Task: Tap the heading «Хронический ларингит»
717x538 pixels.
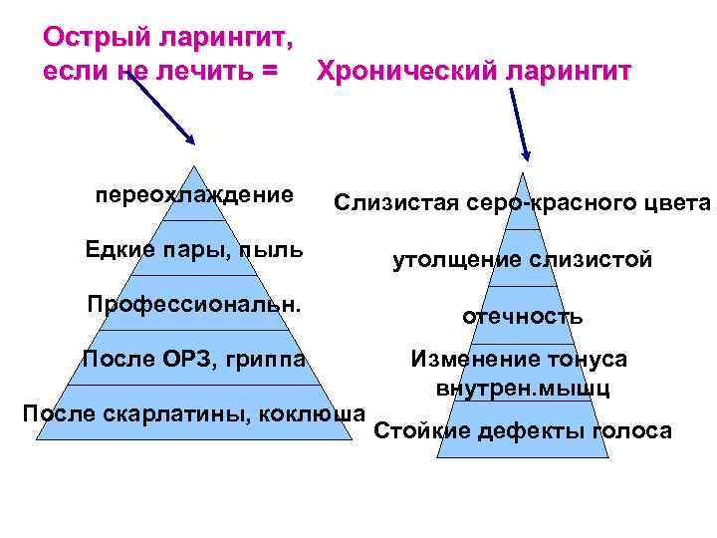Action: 473,72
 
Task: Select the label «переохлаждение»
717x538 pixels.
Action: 194,193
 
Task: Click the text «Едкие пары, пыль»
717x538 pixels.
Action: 194,248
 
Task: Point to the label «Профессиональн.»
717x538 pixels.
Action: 194,302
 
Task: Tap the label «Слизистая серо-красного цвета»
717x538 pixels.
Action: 522,204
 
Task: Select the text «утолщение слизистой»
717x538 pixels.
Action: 522,260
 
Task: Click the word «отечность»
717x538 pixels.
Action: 522,316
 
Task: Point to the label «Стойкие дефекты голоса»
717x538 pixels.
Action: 522,430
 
